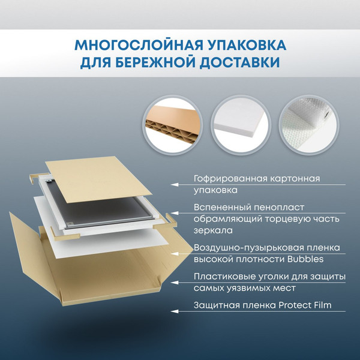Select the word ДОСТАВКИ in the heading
pyautogui.click(x=238, y=62)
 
